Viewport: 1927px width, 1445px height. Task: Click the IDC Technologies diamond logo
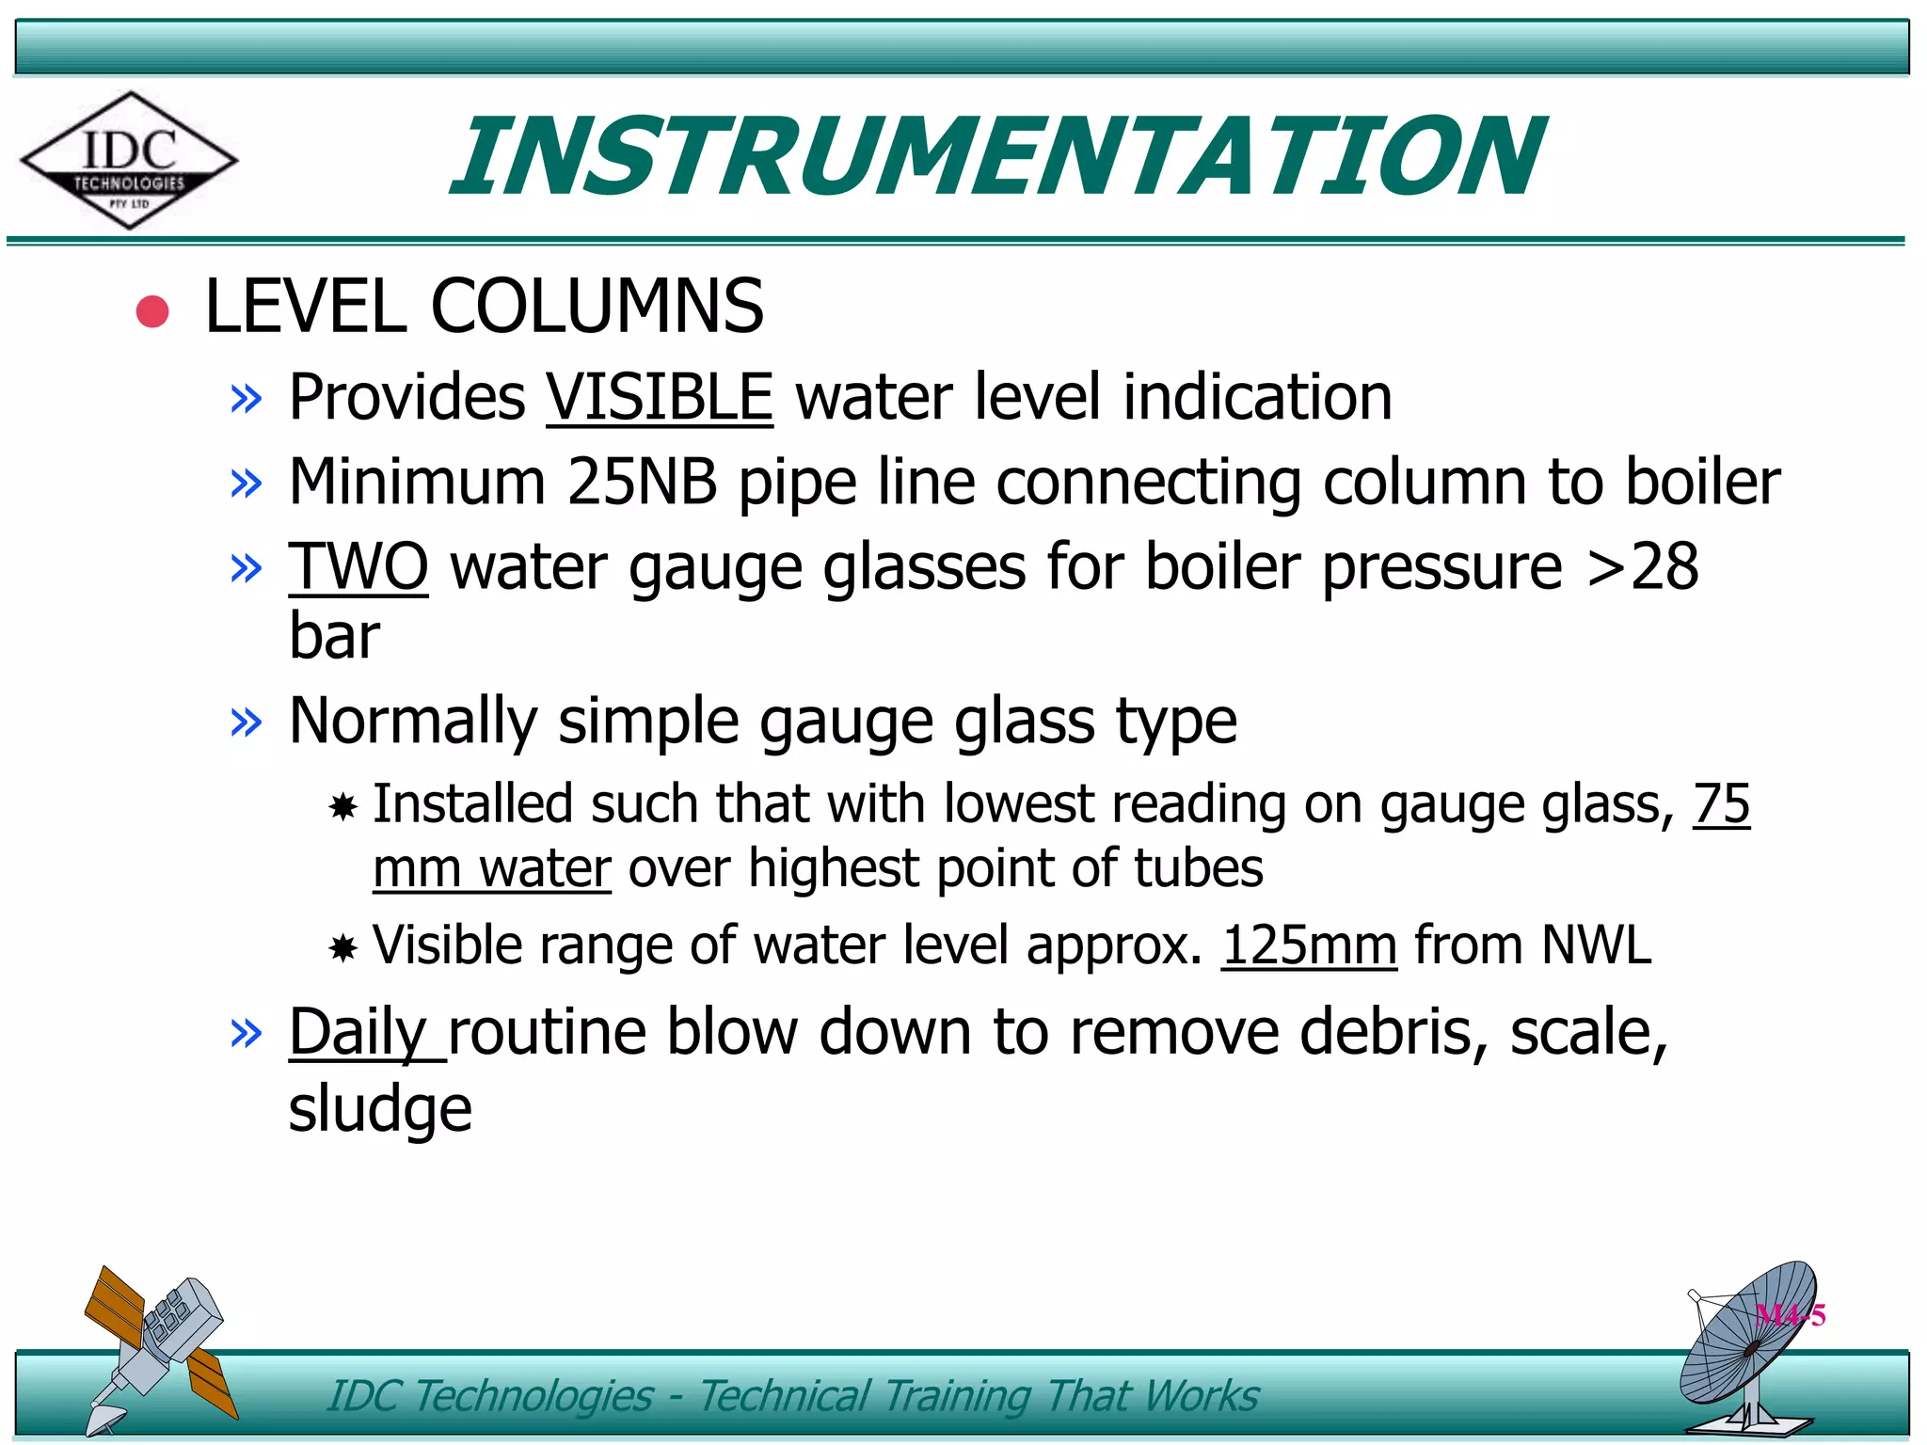[129, 160]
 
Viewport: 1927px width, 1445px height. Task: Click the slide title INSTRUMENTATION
[997, 156]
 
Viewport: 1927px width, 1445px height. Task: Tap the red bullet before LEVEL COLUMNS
[152, 311]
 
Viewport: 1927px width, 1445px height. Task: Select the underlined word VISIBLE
[660, 397]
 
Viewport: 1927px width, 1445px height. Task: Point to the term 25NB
[642, 482]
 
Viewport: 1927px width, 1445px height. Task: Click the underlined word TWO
[358, 567]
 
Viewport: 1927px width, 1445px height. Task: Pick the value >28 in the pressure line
[1642, 567]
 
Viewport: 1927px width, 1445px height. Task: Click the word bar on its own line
[334, 636]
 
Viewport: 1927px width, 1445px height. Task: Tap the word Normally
[413, 722]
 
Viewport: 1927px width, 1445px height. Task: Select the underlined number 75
[1721, 804]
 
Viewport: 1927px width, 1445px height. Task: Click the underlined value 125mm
[1309, 945]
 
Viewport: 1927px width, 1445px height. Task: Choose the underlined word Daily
[358, 1033]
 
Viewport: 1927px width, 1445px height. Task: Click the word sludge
[380, 1109]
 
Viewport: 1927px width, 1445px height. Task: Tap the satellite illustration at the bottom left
[158, 1345]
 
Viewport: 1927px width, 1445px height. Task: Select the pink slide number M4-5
[1790, 1314]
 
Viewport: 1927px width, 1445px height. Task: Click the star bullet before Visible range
[343, 947]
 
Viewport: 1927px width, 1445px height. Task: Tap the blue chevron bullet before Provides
[246, 400]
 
